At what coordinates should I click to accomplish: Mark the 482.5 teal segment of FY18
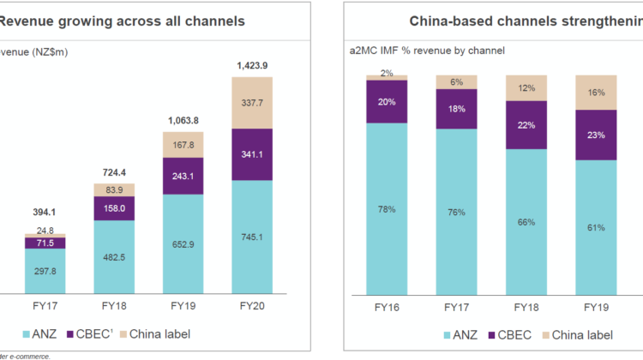pyautogui.click(x=113, y=257)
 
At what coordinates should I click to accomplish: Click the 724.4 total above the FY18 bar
pyautogui.click(x=113, y=172)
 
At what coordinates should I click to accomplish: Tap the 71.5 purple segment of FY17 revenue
pyautogui.click(x=45, y=243)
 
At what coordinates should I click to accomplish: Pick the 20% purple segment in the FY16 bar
pyautogui.click(x=388, y=101)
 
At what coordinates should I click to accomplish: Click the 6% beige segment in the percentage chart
pyautogui.click(x=457, y=82)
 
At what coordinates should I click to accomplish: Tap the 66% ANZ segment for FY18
pyautogui.click(x=526, y=221)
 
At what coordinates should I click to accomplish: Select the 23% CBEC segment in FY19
pyautogui.click(x=596, y=135)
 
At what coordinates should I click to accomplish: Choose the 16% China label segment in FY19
pyautogui.click(x=596, y=93)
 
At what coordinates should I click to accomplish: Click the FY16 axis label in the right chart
pyautogui.click(x=388, y=304)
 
